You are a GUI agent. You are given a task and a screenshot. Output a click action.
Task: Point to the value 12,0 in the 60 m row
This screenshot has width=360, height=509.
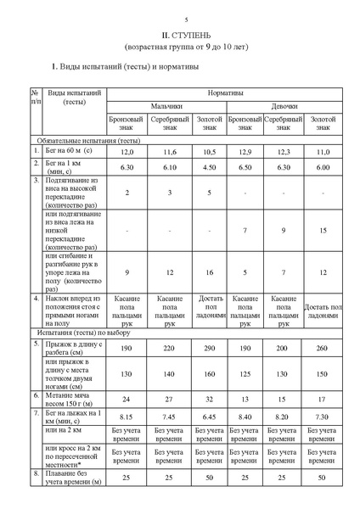(127, 151)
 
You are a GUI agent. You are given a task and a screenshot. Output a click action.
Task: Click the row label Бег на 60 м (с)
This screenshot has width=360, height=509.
(69, 151)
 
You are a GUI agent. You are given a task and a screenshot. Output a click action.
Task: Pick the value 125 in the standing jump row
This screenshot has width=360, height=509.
(245, 373)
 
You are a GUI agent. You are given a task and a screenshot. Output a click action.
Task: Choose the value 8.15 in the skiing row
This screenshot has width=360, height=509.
(127, 417)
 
